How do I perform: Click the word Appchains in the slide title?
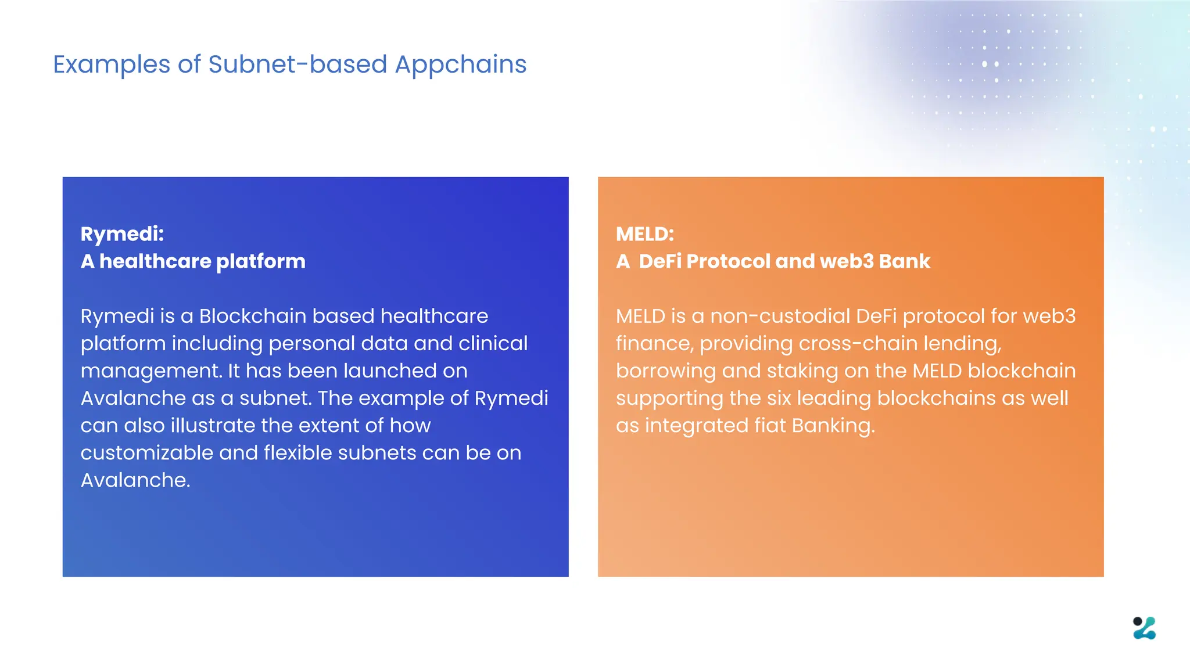(x=460, y=64)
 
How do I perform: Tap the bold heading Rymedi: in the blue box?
(x=122, y=234)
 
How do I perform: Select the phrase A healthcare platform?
(x=193, y=261)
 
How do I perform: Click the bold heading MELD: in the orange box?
(x=644, y=234)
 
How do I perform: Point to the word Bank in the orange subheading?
(x=904, y=261)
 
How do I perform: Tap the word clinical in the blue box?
(x=493, y=343)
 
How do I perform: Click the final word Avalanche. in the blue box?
(x=135, y=480)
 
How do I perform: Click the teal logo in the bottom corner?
(x=1144, y=628)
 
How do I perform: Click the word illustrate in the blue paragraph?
(x=213, y=426)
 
